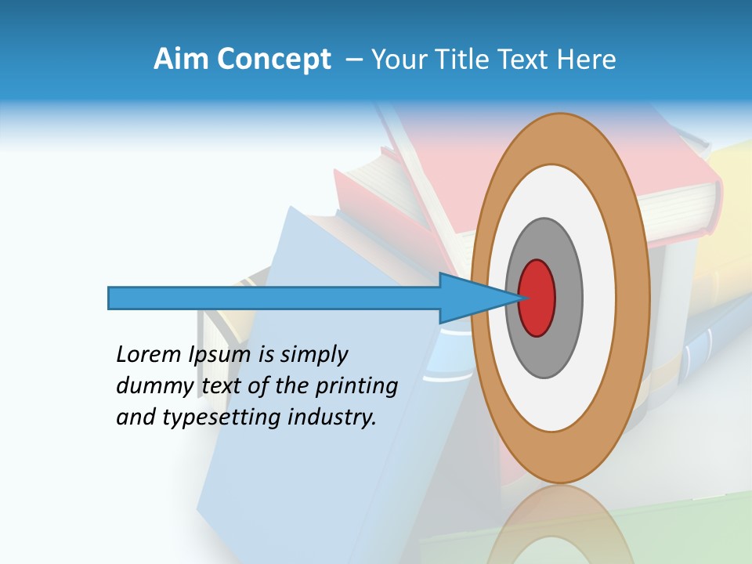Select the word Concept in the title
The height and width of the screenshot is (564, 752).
point(274,60)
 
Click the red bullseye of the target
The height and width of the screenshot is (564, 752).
point(537,298)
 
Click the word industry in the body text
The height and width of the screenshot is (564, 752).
point(331,418)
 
